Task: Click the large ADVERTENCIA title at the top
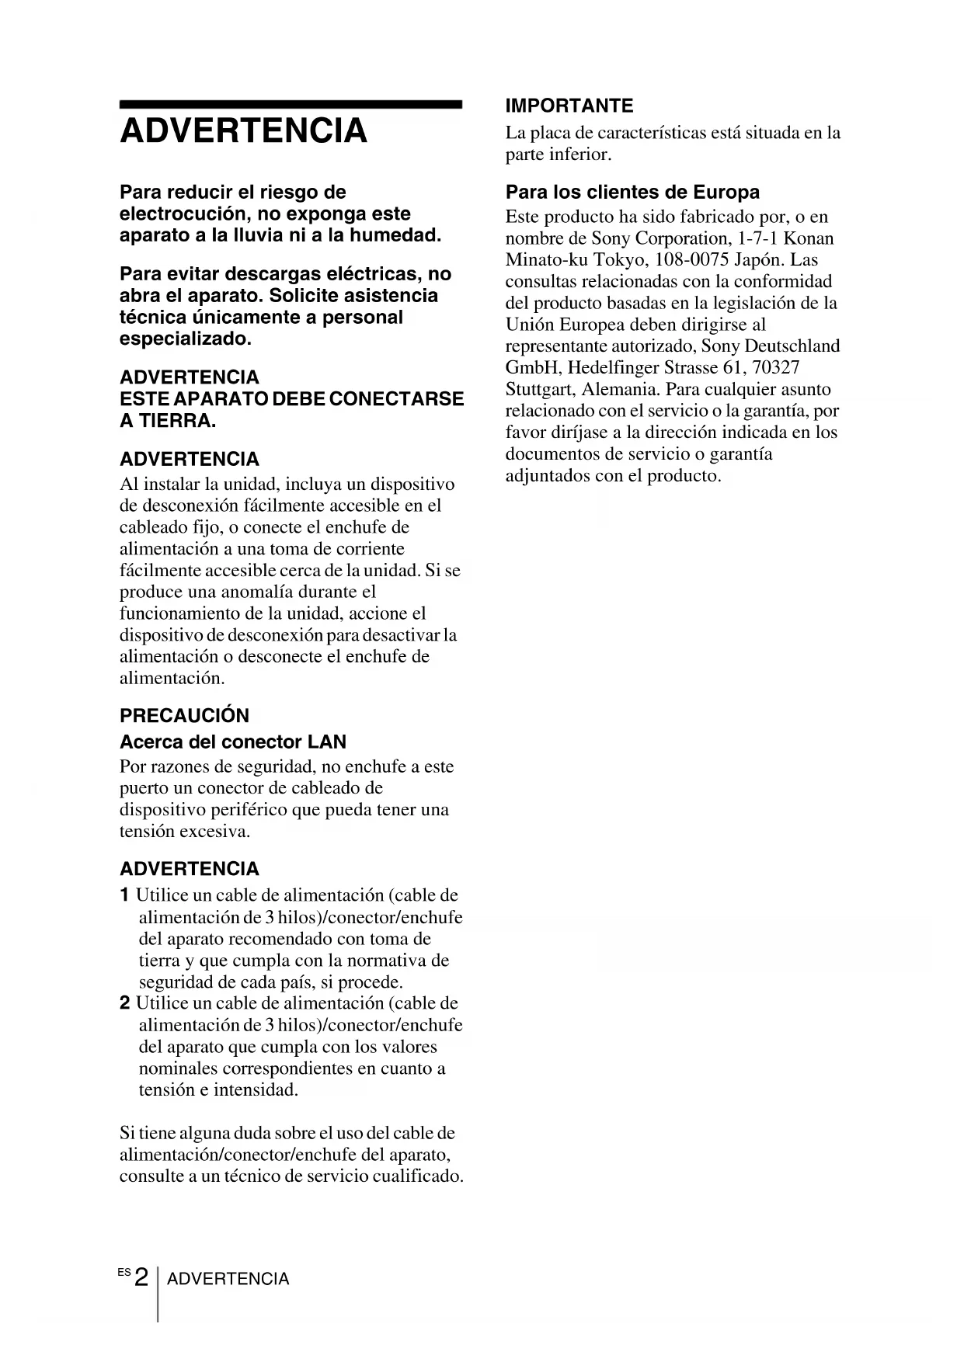tap(243, 130)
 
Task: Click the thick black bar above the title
tap(291, 104)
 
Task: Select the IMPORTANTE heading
tap(569, 106)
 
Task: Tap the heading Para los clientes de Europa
tap(632, 192)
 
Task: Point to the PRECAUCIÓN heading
tap(184, 715)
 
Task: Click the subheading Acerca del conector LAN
tap(233, 742)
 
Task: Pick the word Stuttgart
tap(538, 389)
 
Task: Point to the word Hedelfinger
tap(612, 367)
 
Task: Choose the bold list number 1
tap(125, 895)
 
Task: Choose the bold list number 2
tap(125, 1003)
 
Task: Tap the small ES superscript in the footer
tap(124, 1272)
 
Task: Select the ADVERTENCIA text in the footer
tap(228, 1279)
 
